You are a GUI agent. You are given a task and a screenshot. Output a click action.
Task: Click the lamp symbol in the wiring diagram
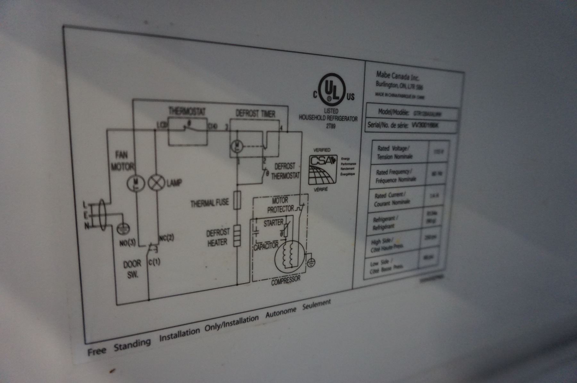[x=156, y=183]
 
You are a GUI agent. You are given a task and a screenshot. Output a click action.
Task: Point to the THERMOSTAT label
[x=187, y=111]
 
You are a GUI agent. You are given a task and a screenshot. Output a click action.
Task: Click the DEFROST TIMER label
[x=255, y=113]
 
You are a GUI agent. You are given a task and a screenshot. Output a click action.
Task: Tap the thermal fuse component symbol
[x=237, y=200]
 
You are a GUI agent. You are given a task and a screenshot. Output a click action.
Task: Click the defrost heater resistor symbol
[x=237, y=236]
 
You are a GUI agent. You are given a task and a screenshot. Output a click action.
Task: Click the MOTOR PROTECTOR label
[x=280, y=205]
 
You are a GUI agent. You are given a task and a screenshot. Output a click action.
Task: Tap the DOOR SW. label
[x=132, y=269]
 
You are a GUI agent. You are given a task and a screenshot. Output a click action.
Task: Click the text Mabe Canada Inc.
[x=397, y=76]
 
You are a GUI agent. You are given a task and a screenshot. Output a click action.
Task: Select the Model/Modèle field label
[x=394, y=112]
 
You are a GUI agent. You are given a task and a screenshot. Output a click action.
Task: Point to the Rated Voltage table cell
[x=394, y=152]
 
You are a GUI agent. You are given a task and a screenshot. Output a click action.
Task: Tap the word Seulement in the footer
[x=316, y=305]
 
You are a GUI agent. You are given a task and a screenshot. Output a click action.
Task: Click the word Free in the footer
[x=96, y=351]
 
